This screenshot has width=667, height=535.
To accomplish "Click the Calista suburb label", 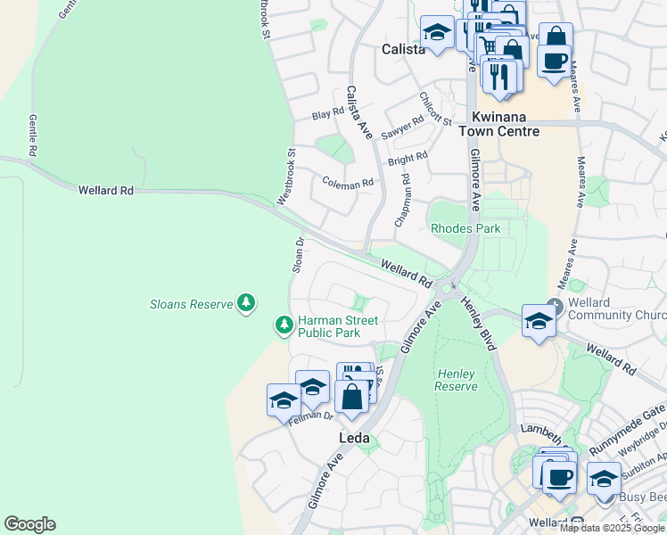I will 403,50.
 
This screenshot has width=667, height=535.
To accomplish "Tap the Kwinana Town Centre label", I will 498,124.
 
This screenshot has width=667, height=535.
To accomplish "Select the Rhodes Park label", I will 465,228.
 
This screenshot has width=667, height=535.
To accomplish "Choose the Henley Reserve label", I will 457,379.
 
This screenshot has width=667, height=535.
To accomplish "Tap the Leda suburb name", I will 353,439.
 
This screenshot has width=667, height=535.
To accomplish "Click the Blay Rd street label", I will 327,113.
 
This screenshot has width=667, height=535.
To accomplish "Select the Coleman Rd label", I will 348,185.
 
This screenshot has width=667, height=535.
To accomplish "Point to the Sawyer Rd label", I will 402,128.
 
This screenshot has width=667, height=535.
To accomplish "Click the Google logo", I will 29,524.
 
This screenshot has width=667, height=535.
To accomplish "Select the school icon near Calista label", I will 437,34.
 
